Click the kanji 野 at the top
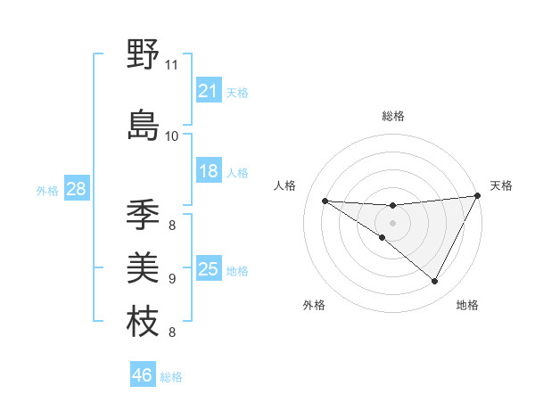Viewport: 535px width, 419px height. pos(144,55)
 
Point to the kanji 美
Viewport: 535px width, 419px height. pos(144,267)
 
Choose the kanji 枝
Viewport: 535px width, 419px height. pos(144,320)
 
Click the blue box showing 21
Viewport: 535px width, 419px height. pos(209,91)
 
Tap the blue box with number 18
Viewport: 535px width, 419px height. pos(209,171)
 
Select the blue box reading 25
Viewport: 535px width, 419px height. pos(209,269)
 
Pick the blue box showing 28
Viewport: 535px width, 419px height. pos(76,189)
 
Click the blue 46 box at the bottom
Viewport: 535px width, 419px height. pos(143,375)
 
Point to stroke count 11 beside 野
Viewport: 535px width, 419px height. pos(171,65)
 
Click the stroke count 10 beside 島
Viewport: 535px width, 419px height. pos(171,136)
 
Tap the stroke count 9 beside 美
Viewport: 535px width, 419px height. pos(171,278)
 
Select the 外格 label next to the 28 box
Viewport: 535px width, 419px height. pos(47,190)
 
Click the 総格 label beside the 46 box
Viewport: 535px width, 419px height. pos(171,377)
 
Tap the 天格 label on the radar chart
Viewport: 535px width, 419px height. pos(501,185)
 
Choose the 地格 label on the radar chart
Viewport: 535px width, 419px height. pos(467,305)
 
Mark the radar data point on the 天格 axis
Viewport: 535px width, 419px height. pos(478,197)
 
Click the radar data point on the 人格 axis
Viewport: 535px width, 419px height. pos(325,201)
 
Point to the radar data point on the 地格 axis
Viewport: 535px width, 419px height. pos(434,282)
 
